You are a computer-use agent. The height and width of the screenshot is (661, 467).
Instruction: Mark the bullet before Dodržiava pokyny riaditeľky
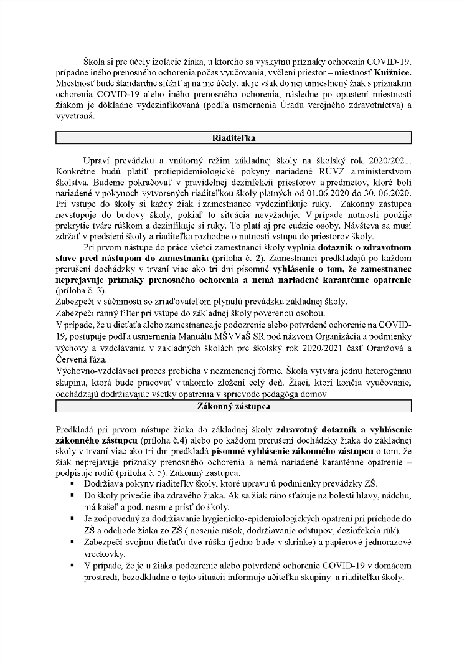tap(73, 484)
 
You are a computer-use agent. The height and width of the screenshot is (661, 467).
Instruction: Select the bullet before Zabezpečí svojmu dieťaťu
tap(73, 543)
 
